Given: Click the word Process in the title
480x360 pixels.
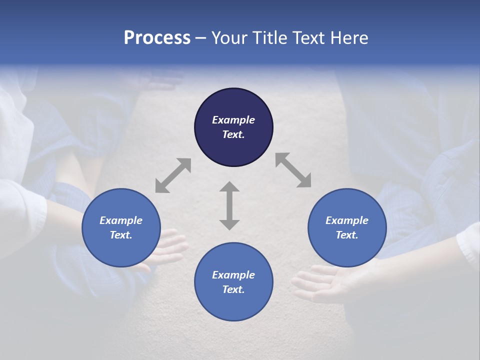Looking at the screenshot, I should [157, 38].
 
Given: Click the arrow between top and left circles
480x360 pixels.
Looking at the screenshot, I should [173, 175].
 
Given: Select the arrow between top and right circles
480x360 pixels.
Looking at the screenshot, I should [293, 170].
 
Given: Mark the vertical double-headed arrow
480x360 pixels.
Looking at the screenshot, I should [229, 205].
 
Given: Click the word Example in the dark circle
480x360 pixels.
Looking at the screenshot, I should [233, 120].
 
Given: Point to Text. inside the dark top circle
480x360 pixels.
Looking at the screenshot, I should [233, 134].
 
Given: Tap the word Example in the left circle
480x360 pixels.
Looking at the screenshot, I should [121, 220].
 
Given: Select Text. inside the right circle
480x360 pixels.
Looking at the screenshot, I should [347, 235].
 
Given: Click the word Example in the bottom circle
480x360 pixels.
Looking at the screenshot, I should [233, 275].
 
